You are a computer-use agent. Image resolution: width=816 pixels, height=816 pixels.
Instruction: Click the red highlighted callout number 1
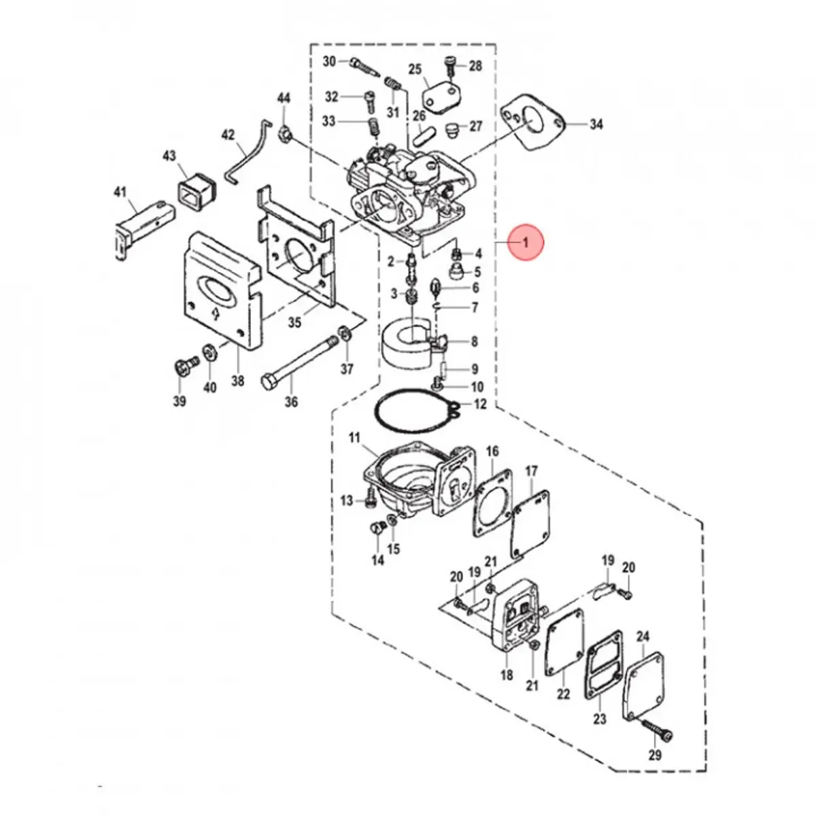524,241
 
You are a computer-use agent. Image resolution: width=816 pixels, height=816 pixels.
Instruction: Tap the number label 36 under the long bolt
291,402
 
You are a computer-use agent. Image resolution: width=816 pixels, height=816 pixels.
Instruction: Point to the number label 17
531,471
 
